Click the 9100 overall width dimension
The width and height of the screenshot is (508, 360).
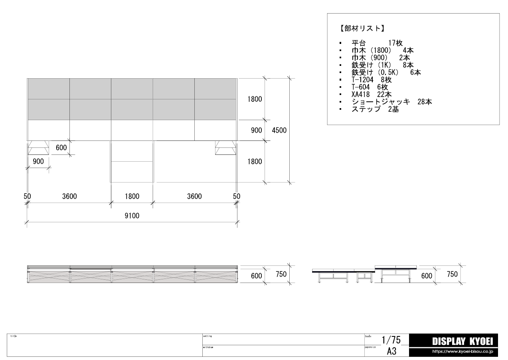132,216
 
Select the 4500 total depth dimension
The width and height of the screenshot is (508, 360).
279,130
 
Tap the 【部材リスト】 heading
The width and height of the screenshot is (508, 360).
362,28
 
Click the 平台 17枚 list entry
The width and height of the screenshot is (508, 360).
377,43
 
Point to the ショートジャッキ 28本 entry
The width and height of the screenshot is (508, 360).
391,102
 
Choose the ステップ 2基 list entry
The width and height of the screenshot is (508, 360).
375,109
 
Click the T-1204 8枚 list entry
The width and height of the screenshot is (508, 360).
372,79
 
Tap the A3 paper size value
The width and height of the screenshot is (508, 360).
391,351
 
